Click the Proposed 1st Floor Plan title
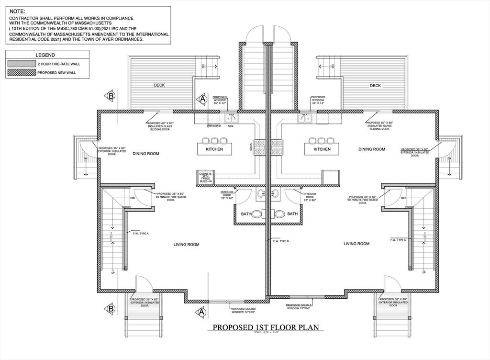266,328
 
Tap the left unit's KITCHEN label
214,149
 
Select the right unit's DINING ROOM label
372,149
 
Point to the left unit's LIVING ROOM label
186,245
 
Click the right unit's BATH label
292,214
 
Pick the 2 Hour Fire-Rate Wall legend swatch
21,63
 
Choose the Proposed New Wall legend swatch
21,72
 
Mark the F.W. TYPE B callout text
281,241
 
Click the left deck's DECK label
159,86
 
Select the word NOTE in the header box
18,11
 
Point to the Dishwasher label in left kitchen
214,126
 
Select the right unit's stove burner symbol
277,147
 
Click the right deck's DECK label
375,86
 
